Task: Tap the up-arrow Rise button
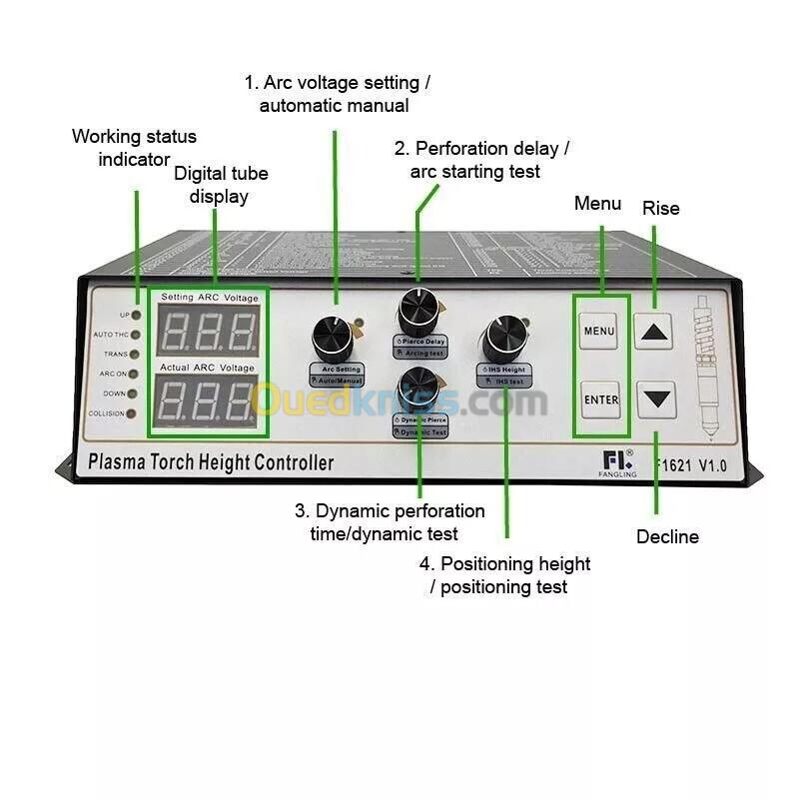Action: [653, 330]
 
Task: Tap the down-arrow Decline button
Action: [656, 399]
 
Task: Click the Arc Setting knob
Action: [334, 340]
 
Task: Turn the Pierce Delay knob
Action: [419, 313]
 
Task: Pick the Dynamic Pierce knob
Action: [420, 389]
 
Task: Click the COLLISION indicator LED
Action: [135, 413]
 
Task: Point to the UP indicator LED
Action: [135, 315]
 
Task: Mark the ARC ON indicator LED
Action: [135, 374]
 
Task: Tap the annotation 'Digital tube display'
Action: [221, 185]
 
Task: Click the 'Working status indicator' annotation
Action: [134, 147]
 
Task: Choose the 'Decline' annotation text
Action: [667, 537]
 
